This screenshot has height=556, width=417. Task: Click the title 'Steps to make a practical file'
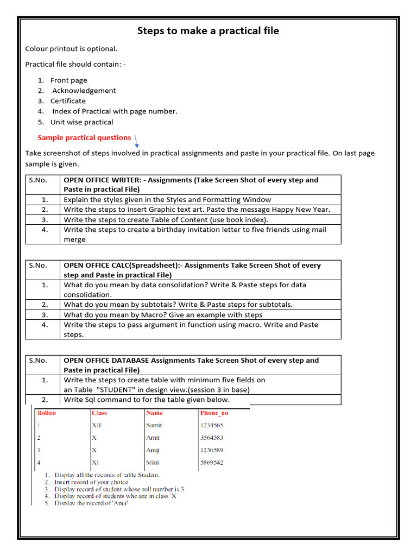208,31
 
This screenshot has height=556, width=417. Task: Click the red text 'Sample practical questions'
84,138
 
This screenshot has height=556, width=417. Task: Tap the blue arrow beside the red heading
136,142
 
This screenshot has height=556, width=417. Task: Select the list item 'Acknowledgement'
84,91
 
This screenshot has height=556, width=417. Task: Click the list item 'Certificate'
68,101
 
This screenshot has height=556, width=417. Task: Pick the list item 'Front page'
68,80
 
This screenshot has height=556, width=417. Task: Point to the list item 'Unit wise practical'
81,122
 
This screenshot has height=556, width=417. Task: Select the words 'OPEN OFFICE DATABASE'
106,361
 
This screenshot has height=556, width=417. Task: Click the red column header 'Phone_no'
214,413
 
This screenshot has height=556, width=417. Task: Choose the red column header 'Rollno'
46,413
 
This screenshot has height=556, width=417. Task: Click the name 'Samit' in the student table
154,426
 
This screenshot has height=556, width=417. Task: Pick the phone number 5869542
212,463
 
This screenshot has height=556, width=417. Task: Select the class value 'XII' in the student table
96,426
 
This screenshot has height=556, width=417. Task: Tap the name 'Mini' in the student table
153,463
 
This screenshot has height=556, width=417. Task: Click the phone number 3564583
212,438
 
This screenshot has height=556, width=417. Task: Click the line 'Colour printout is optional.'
71,49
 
